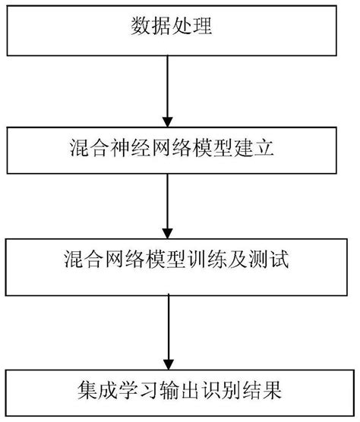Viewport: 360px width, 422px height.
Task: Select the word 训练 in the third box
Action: point(204,261)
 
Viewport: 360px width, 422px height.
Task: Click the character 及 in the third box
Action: point(232,261)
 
